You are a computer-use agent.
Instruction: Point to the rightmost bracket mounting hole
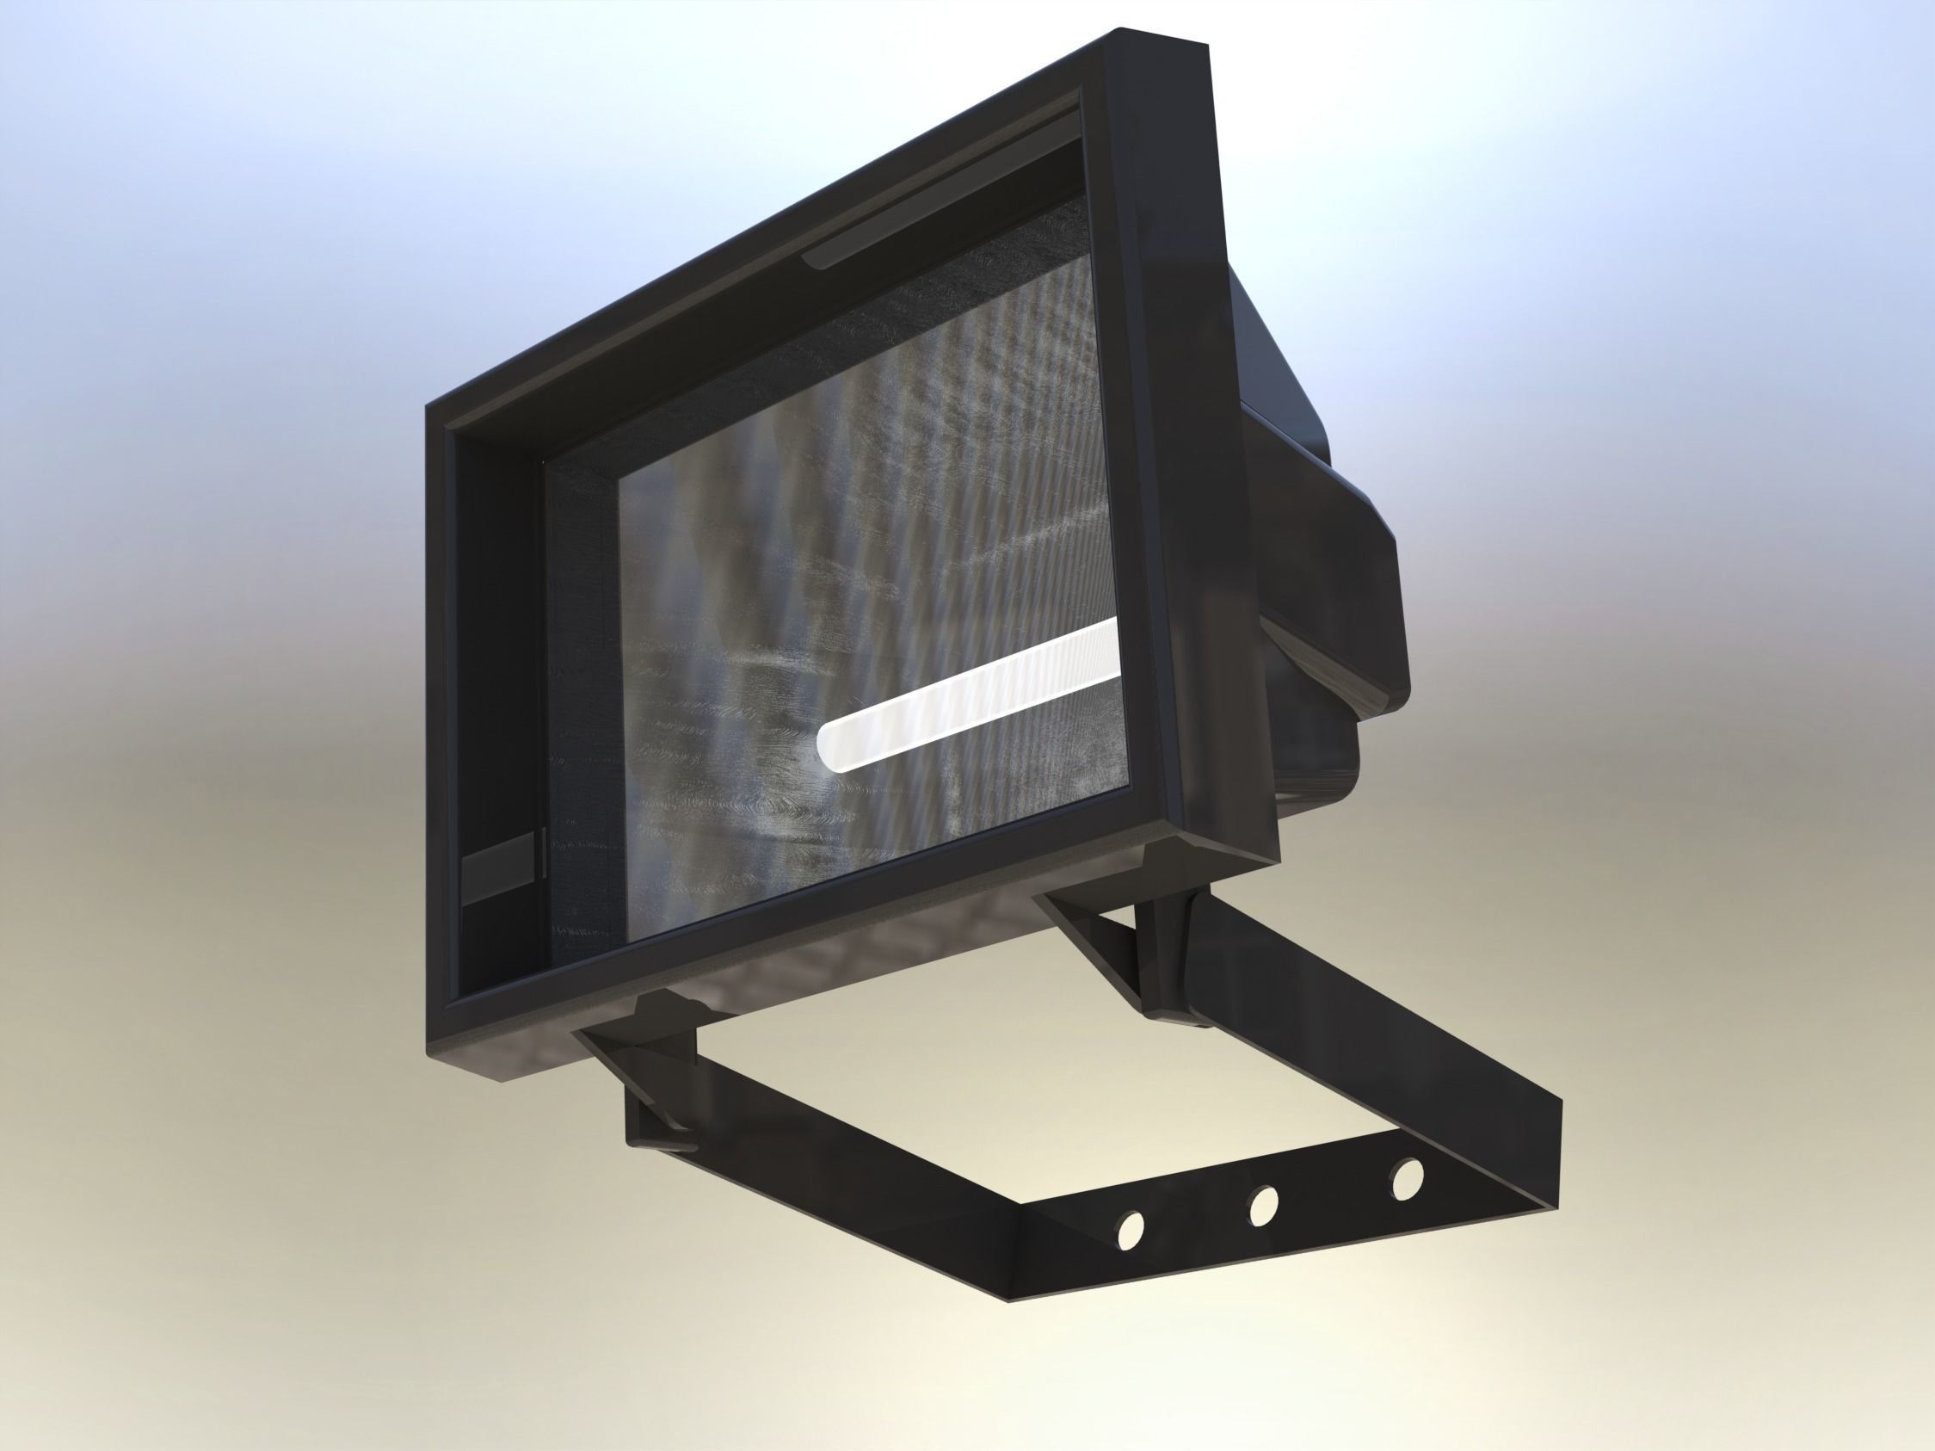click(1408, 1177)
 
